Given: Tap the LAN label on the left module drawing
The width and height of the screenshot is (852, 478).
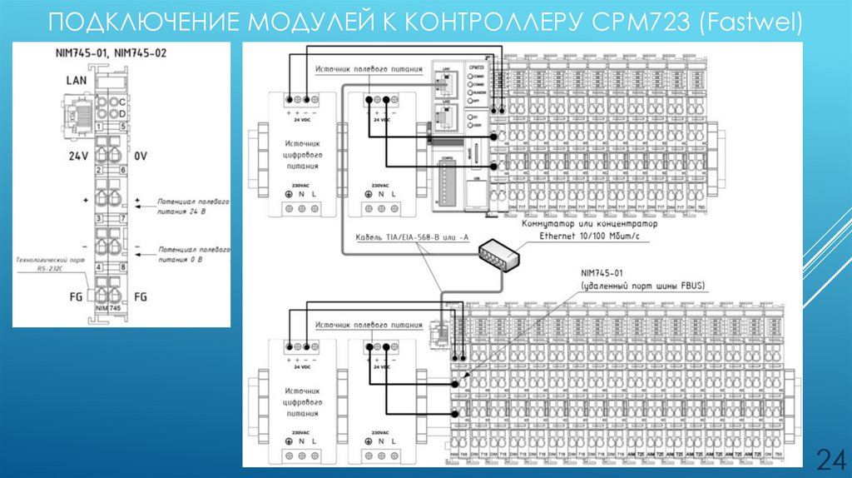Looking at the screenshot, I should coord(77,81).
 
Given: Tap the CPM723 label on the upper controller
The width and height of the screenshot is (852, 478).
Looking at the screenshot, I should coord(477,67).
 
